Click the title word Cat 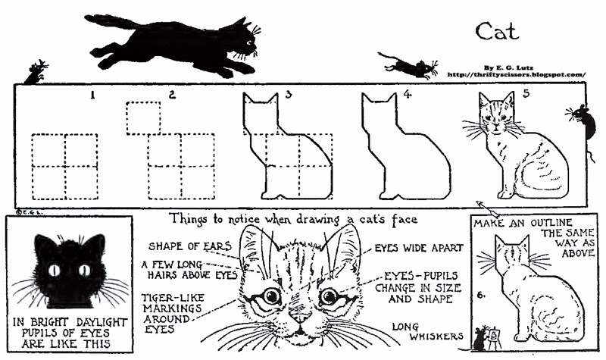pyautogui.click(x=497, y=30)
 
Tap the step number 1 pyautogui.click(x=92, y=95)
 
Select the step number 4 pyautogui.click(x=407, y=95)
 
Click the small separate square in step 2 pyautogui.click(x=144, y=117)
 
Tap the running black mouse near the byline pyautogui.click(x=409, y=66)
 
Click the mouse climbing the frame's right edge pyautogui.click(x=582, y=121)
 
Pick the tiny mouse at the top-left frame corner pyautogui.click(x=35, y=73)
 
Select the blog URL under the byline pyautogui.click(x=517, y=74)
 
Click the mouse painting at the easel pyautogui.click(x=479, y=338)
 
